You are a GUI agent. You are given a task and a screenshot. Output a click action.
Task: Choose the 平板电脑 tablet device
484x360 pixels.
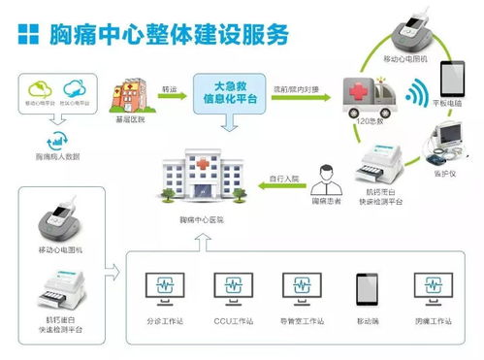pyautogui.click(x=455, y=83)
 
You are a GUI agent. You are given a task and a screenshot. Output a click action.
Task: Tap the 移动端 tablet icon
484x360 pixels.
pyautogui.click(x=368, y=286)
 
